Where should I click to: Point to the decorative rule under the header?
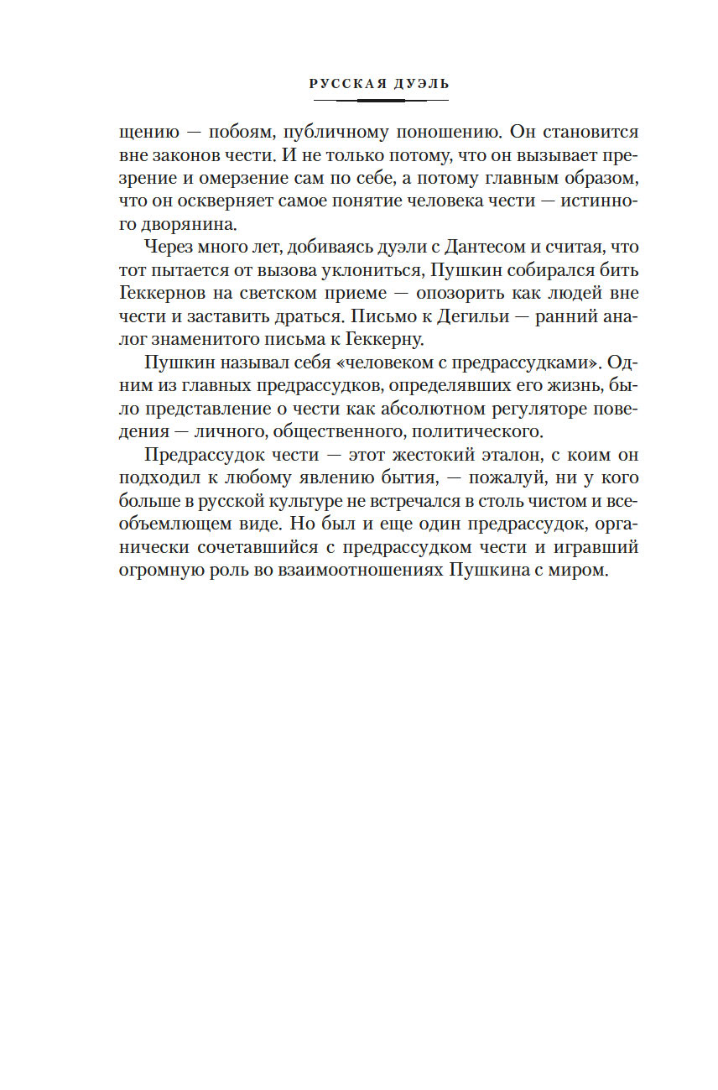379,100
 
